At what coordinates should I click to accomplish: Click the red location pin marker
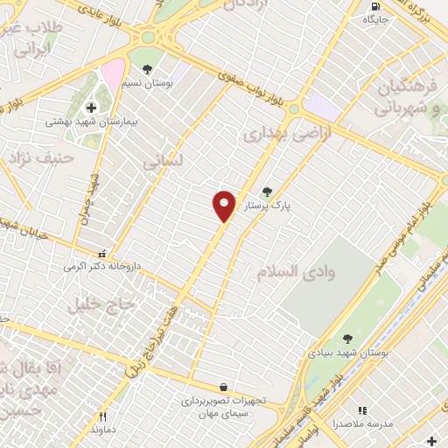224,205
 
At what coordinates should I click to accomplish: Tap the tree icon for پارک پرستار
267,192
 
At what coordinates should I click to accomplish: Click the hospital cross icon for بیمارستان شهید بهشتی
91,108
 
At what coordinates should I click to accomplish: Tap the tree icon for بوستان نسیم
147,69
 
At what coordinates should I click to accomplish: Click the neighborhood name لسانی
163,162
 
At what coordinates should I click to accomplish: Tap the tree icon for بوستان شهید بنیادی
347,339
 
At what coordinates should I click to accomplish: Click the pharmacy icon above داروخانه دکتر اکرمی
102,252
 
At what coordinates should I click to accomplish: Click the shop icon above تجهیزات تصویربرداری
224,387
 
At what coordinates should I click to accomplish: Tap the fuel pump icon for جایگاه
375,6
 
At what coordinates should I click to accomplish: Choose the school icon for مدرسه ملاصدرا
362,410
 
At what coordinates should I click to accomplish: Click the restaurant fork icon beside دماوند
103,417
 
